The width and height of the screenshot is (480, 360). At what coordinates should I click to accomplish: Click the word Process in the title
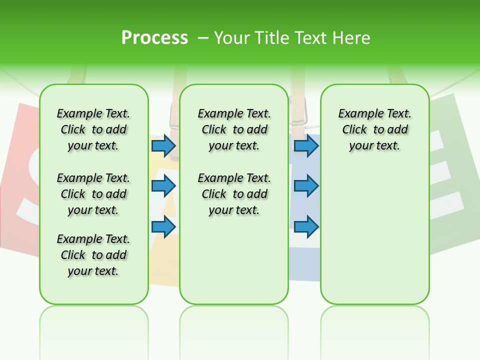click(154, 38)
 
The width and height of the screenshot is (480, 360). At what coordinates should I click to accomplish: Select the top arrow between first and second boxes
click(163, 145)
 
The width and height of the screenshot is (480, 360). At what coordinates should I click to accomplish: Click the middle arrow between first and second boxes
click(163, 186)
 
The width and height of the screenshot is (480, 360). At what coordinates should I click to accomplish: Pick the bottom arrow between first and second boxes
click(163, 226)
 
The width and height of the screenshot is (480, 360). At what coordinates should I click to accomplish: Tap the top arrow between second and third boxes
click(306, 145)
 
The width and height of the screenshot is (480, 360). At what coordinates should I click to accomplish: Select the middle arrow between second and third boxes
click(306, 186)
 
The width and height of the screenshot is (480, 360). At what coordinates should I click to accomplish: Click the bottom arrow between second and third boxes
click(306, 226)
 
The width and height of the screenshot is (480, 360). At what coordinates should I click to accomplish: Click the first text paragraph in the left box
click(93, 129)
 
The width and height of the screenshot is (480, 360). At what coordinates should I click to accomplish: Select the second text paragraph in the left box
click(93, 194)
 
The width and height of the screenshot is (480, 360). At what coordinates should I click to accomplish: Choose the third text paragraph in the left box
click(93, 255)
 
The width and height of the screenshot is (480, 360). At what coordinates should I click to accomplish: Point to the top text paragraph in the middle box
click(234, 129)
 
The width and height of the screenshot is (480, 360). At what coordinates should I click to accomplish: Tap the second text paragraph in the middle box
click(234, 194)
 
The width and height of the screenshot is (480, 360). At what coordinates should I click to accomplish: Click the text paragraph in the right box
click(374, 129)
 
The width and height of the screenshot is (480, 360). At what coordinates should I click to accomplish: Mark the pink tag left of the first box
click(20, 175)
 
